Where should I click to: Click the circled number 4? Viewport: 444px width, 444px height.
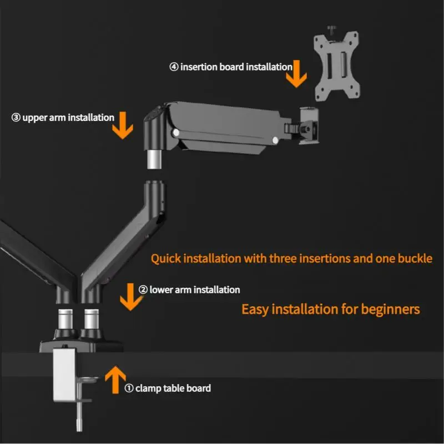[x=174, y=67]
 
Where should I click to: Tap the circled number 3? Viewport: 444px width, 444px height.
[x=16, y=118]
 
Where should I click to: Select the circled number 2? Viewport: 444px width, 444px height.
[x=143, y=290]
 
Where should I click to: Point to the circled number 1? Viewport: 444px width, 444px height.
[x=129, y=388]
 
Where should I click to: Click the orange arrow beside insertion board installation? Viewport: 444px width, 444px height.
[x=296, y=74]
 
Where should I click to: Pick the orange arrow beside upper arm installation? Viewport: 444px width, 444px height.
[x=123, y=125]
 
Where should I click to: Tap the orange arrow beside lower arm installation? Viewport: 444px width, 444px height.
[x=130, y=297]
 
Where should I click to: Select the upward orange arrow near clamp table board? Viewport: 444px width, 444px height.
[x=115, y=380]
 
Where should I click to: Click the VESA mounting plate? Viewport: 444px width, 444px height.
[x=337, y=66]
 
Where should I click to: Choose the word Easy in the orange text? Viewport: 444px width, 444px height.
[x=255, y=309]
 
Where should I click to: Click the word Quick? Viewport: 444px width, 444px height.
[x=165, y=259]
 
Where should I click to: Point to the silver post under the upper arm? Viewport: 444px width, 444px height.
[x=154, y=159]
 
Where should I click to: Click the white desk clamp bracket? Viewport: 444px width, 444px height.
[x=64, y=374]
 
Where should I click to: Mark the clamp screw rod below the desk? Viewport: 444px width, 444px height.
[x=79, y=416]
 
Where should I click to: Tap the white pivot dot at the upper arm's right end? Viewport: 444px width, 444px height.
[x=275, y=140]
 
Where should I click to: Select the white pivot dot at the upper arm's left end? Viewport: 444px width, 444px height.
[x=176, y=133]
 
